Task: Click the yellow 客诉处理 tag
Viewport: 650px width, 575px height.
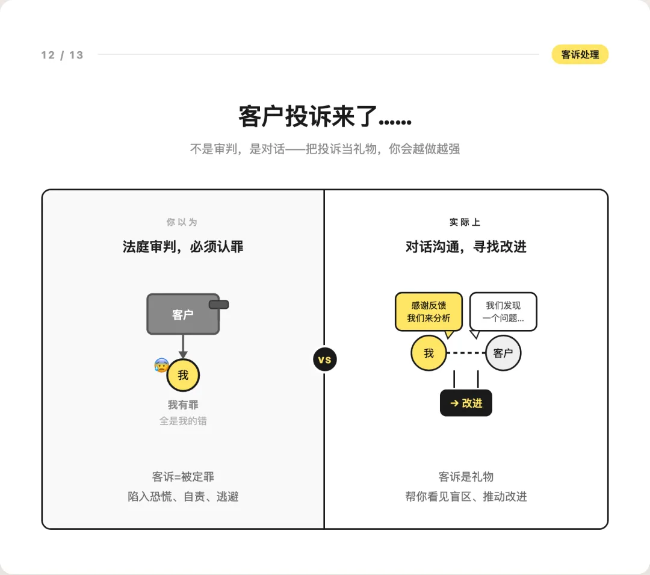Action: click(580, 55)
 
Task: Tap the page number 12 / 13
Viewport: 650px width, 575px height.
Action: click(62, 55)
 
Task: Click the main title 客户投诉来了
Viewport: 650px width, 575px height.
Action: click(324, 116)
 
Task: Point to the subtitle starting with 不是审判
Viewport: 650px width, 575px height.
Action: click(324, 149)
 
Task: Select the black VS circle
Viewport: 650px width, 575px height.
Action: click(324, 360)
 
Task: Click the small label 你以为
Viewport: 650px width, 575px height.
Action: click(182, 222)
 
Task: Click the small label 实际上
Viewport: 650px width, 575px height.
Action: click(465, 222)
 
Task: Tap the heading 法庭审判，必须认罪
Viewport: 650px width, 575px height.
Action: click(183, 247)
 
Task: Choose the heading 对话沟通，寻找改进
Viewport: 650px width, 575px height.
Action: click(466, 247)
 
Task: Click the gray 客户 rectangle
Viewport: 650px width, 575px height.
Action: click(183, 314)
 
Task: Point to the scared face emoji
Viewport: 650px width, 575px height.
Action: click(161, 365)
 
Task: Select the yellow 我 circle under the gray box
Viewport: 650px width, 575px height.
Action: click(183, 375)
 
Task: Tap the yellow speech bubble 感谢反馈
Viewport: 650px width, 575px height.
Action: click(429, 312)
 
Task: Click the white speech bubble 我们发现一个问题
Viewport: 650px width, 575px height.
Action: click(503, 312)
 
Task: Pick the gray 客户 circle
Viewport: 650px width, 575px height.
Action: click(503, 353)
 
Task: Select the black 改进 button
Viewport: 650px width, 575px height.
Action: click(466, 403)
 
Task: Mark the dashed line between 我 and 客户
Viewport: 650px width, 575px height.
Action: click(466, 353)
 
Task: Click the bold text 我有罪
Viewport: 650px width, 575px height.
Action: click(183, 405)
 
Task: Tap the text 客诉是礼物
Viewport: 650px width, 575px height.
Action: click(466, 477)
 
